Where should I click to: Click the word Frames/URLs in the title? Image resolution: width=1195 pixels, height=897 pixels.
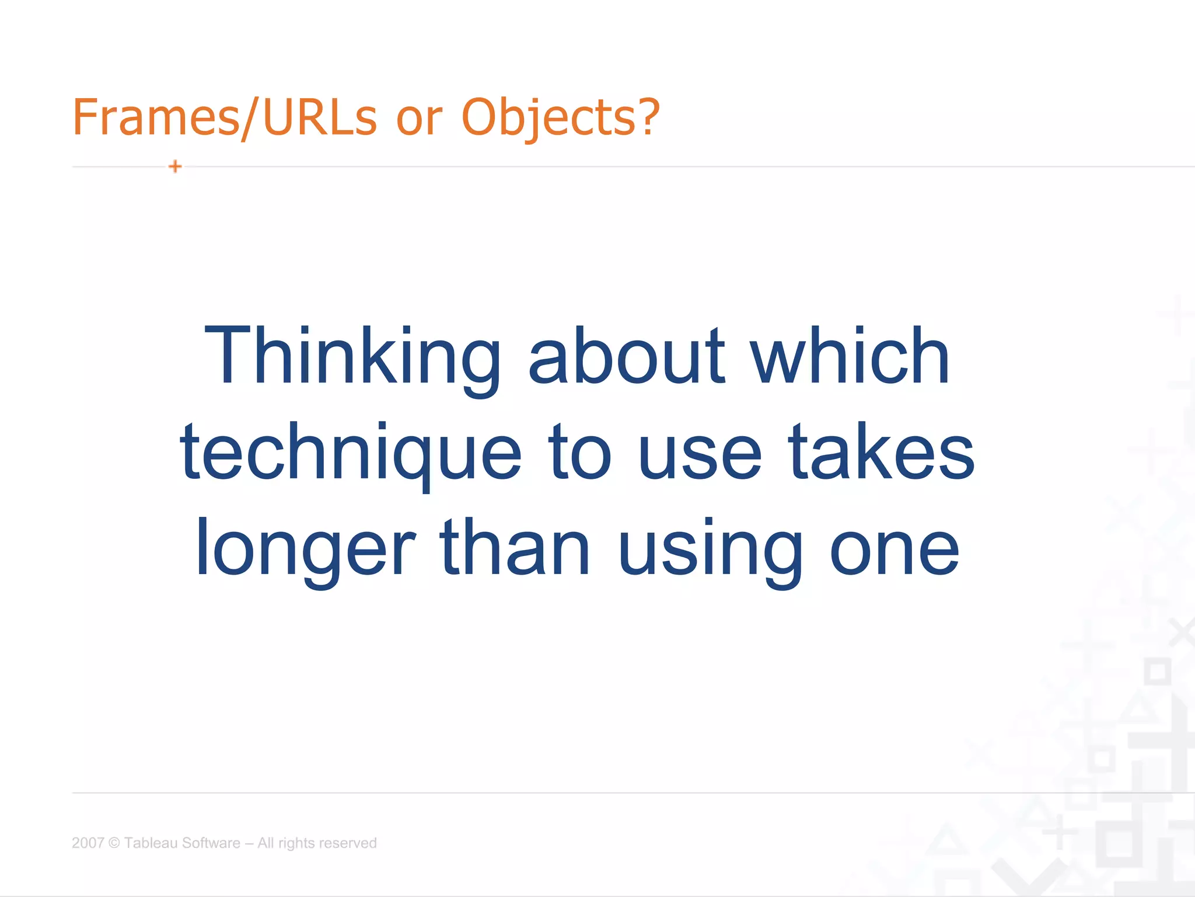(225, 117)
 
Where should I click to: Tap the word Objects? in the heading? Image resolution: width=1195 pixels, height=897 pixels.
(560, 117)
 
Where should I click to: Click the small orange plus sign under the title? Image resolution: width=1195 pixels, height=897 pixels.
(175, 166)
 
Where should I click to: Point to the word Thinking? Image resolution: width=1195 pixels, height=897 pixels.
(352, 357)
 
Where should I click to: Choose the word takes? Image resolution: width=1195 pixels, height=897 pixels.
(881, 453)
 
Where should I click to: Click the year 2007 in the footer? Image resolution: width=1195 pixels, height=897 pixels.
(88, 843)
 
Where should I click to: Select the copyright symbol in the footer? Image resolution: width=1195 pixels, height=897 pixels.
(114, 843)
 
